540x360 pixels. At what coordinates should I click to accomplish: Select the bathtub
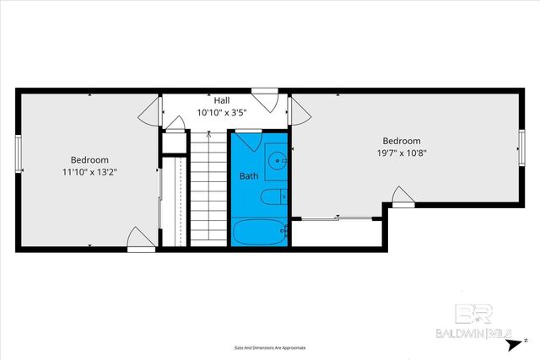[259, 233]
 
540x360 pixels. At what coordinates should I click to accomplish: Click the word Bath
[249, 176]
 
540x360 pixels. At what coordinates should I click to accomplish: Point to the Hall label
[221, 100]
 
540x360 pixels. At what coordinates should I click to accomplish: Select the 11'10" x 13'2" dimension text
[89, 171]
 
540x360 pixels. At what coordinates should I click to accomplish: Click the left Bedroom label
[89, 159]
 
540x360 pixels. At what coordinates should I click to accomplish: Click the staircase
[208, 187]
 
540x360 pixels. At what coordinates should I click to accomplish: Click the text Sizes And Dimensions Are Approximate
[270, 347]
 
